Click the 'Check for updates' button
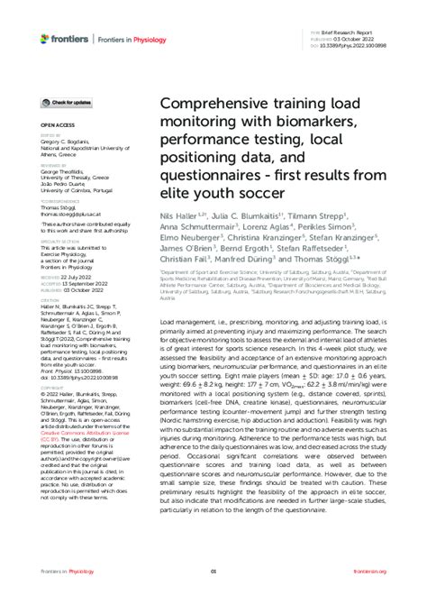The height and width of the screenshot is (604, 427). (x=66, y=104)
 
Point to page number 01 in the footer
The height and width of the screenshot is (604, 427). (x=213, y=572)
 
